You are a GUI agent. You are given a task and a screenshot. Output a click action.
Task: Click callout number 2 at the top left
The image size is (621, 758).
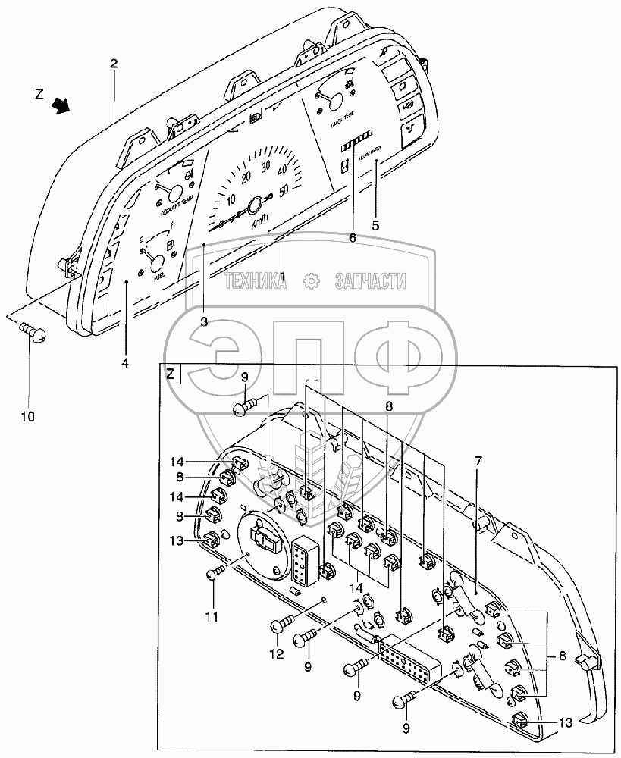[114, 65]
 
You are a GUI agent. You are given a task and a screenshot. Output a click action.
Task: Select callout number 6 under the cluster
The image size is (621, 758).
[351, 237]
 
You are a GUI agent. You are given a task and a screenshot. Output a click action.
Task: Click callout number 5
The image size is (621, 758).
[375, 224]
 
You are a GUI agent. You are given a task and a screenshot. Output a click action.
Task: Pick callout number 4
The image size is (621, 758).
[125, 363]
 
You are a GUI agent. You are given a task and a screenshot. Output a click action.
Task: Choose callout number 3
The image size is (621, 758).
[204, 321]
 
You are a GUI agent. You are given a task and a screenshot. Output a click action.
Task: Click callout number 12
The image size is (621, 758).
[277, 653]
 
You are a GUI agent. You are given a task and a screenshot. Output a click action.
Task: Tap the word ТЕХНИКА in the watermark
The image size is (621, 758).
[255, 282]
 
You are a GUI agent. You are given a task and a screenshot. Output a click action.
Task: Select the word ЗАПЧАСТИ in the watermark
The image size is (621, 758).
[370, 282]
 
